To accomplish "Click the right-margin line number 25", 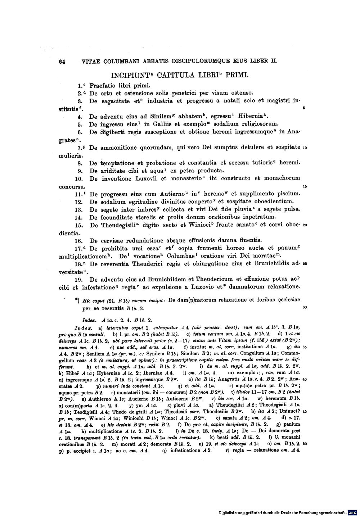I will (x=305, y=264).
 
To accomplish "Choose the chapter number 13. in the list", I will (x=79, y=209).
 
